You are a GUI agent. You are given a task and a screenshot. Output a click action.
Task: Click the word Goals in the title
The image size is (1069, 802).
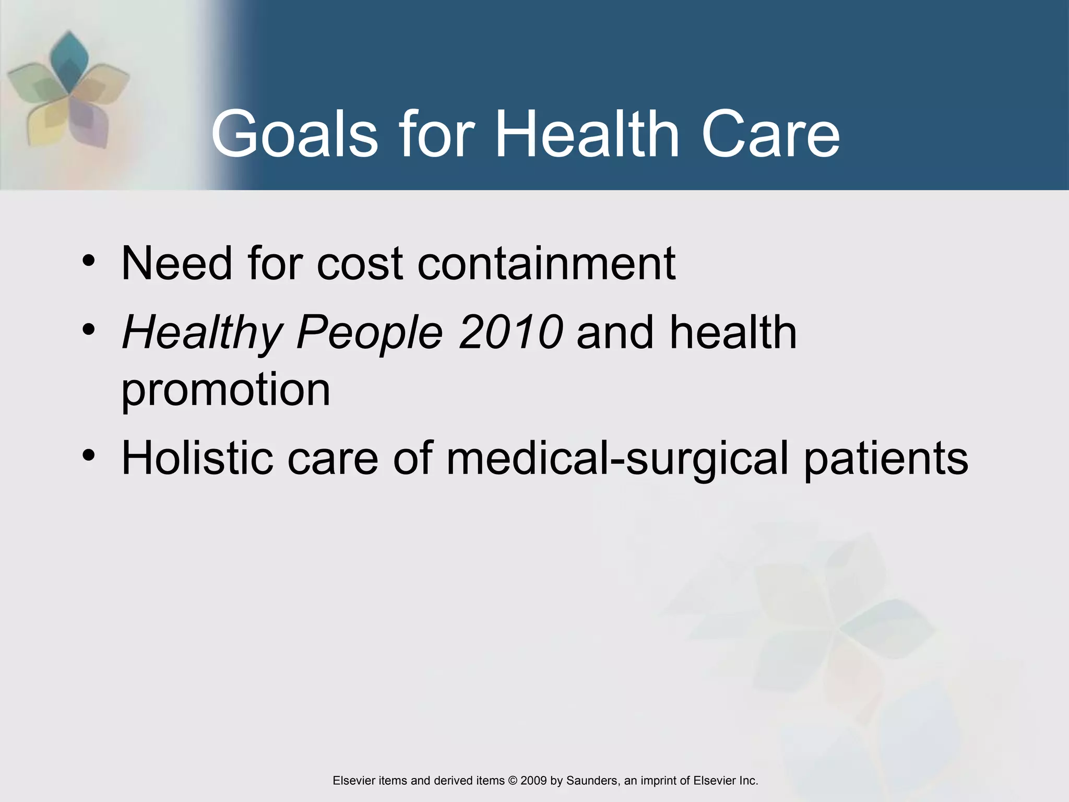click(294, 134)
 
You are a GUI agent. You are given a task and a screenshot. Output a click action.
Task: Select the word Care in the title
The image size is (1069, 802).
click(770, 134)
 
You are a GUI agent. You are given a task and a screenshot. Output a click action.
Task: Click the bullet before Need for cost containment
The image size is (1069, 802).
click(89, 260)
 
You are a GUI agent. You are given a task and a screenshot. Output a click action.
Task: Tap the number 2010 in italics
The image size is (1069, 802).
click(511, 332)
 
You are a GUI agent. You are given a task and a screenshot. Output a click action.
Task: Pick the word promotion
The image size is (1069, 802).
click(225, 391)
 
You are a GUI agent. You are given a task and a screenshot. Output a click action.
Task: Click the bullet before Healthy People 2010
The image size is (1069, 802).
click(89, 329)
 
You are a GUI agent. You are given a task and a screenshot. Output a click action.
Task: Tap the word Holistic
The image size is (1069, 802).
click(197, 458)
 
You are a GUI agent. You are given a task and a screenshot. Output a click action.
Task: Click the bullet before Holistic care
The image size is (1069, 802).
click(89, 455)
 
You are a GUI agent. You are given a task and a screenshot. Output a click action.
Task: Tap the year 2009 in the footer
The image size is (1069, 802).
click(533, 781)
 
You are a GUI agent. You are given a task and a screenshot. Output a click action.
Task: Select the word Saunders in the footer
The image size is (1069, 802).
click(591, 781)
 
